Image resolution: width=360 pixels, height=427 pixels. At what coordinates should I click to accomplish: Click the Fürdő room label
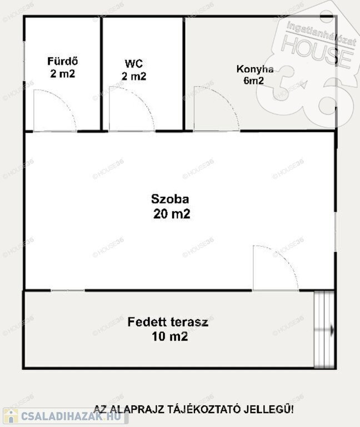click(63, 61)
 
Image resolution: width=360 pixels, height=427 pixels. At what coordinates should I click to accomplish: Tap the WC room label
click(134, 64)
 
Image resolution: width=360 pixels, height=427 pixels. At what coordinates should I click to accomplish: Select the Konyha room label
click(255, 69)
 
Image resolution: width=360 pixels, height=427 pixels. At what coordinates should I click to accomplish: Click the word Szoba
click(170, 199)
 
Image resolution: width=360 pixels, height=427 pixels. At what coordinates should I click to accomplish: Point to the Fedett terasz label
click(168, 322)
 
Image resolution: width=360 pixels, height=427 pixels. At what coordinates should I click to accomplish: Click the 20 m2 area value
click(172, 213)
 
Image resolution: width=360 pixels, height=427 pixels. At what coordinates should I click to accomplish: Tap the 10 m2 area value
click(170, 336)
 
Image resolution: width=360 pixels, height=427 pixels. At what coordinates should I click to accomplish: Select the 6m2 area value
click(253, 81)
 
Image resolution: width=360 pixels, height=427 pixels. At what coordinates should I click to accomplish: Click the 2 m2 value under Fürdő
click(63, 73)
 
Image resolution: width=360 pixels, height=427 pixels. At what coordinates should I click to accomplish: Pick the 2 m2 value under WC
click(134, 76)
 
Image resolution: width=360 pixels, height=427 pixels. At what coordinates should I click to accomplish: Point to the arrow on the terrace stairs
click(324, 330)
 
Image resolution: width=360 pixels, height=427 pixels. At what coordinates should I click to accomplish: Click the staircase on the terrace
click(324, 330)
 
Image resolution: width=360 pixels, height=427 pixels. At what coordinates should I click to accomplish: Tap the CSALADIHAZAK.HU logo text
click(71, 416)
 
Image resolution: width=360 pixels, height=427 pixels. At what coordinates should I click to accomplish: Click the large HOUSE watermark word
click(318, 52)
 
